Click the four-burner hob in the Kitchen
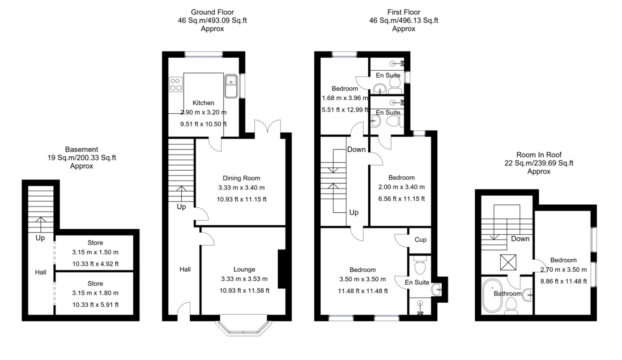[176, 84]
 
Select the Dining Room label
[242, 178]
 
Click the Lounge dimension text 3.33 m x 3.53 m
[244, 279]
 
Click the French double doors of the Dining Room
[268, 127]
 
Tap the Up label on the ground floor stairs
[181, 207]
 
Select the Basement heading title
[81, 150]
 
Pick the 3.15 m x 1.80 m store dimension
[95, 293]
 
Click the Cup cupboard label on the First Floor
[420, 240]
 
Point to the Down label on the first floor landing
[356, 150]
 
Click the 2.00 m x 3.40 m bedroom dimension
[401, 188]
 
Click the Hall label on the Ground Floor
[185, 269]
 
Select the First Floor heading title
[404, 12]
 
